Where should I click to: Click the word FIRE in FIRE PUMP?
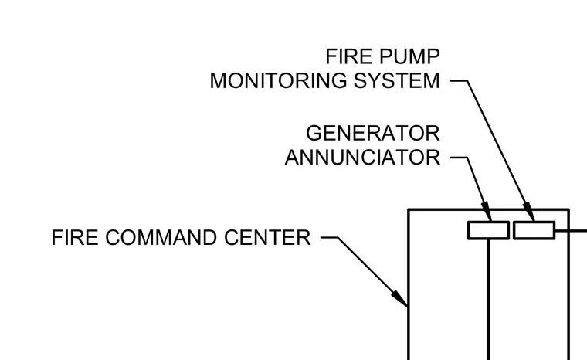348,56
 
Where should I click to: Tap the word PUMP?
409,56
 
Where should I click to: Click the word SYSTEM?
397,81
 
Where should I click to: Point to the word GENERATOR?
373,134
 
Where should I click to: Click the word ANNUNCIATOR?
362,158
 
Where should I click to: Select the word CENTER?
267,237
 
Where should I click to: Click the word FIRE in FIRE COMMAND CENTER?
74,237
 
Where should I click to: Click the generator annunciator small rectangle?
488,230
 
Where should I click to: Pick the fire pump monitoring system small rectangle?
534,230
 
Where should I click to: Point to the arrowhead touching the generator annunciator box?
487,211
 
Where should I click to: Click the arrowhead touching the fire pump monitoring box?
529,212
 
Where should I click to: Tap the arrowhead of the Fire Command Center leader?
399,298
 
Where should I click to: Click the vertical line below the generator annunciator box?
489,299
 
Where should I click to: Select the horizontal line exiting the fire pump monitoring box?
571,230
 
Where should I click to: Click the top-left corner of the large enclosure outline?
409,209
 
